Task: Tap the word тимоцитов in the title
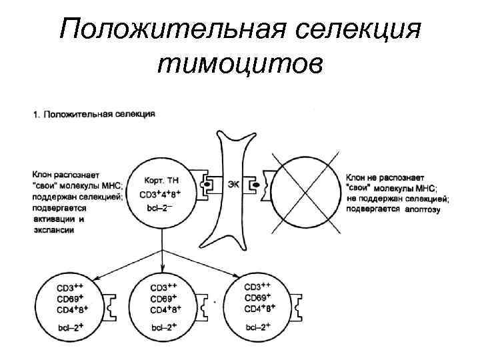[240, 64]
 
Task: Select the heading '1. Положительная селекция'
[94, 114]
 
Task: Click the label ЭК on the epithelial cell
[233, 183]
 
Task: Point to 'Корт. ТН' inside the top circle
[161, 181]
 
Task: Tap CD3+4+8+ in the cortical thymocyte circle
[161, 195]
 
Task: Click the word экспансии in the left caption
[53, 230]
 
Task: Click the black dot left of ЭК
[208, 184]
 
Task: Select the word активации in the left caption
[52, 219]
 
